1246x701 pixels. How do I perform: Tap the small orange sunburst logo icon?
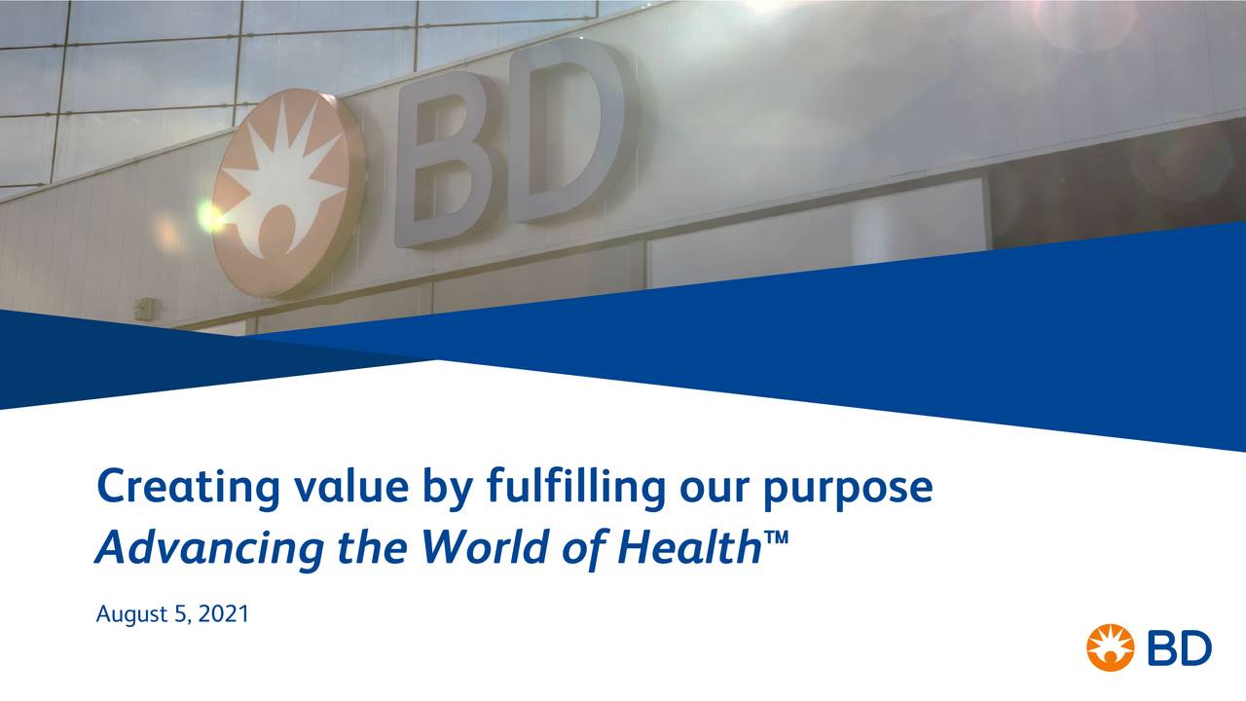pyautogui.click(x=1110, y=647)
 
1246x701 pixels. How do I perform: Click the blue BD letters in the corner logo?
pyautogui.click(x=1179, y=647)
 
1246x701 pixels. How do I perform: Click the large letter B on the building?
pyautogui.click(x=442, y=161)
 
